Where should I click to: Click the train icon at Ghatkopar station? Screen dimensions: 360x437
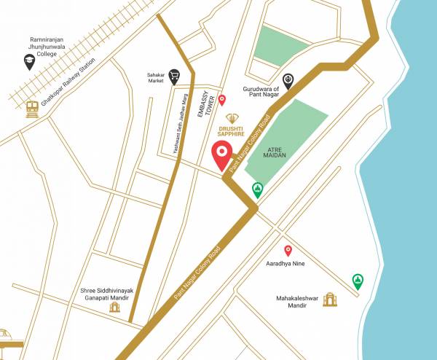31,109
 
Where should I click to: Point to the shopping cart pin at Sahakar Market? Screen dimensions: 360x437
174,75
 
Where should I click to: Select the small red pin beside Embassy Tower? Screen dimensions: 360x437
232,100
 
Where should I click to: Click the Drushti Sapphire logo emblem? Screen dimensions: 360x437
232,118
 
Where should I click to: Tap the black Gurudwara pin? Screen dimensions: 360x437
288,80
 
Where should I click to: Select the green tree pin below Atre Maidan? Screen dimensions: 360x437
257,190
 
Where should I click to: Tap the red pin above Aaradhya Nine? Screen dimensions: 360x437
288,250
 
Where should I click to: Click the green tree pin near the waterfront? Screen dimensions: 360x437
358,281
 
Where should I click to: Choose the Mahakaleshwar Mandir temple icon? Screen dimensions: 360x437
332,299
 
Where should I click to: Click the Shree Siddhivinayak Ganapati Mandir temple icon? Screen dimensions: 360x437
114,307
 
